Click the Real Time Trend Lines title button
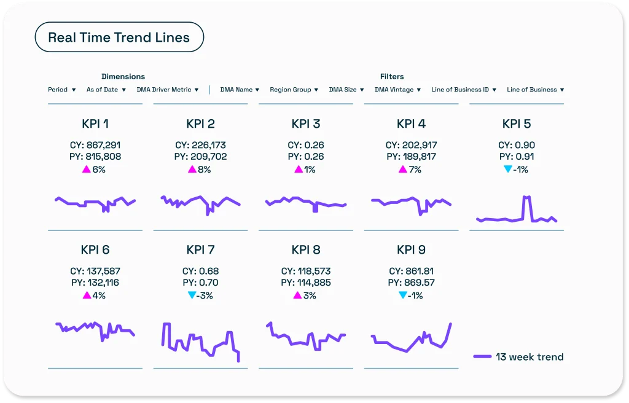click(x=119, y=37)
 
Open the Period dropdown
click(x=62, y=90)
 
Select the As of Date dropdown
click(x=107, y=90)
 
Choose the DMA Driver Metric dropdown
click(x=168, y=90)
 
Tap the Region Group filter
click(x=294, y=90)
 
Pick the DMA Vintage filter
click(x=398, y=90)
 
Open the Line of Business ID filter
click(x=464, y=90)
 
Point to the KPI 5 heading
click(x=517, y=123)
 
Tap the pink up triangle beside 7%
click(x=403, y=170)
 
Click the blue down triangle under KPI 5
click(x=507, y=170)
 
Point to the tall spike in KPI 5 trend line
click(x=526, y=198)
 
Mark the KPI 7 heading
click(x=200, y=249)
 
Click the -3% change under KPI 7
click(x=205, y=295)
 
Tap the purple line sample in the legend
click(x=483, y=357)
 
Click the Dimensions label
click(x=123, y=77)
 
